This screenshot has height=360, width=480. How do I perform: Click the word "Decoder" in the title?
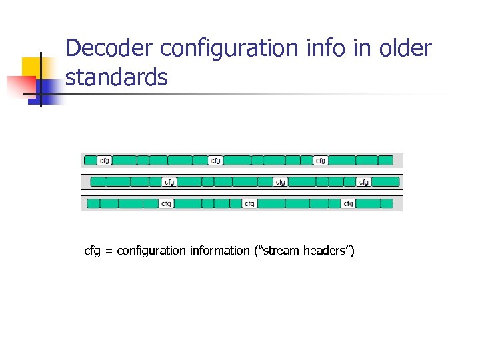click(110, 49)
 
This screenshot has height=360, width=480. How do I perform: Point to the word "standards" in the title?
click(117, 77)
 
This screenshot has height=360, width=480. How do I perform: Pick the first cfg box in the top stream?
click(105, 161)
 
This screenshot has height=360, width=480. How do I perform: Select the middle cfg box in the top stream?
click(215, 161)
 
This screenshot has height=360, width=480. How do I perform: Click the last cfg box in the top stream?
click(321, 161)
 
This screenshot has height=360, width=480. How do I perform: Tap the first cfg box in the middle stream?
click(170, 182)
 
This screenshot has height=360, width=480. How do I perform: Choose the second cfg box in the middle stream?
click(281, 182)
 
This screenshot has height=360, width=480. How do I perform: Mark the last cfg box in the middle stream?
click(364, 182)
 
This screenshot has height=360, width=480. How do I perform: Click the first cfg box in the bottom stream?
click(165, 203)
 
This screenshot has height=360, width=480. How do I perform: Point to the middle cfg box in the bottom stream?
click(249, 203)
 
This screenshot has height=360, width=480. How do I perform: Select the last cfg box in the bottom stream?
click(348, 203)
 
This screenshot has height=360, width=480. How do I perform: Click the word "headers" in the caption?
click(327, 251)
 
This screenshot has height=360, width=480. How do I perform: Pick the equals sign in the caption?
click(109, 251)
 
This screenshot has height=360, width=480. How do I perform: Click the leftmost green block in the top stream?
click(90, 161)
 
